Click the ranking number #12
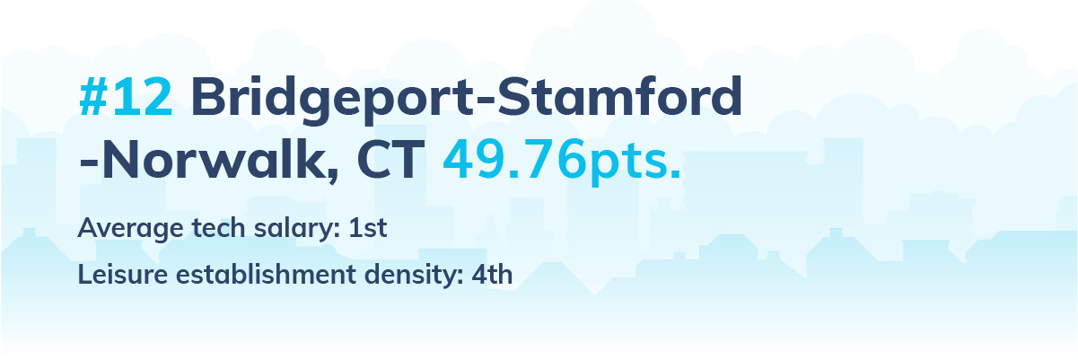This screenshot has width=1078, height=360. pyautogui.click(x=126, y=98)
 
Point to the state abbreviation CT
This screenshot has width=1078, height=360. pyautogui.click(x=390, y=159)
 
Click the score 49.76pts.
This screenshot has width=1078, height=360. pyautogui.click(x=562, y=159)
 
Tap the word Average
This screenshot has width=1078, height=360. pyautogui.click(x=130, y=229)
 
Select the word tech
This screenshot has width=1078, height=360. pyautogui.click(x=218, y=228)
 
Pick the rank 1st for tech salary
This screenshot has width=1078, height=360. pyautogui.click(x=368, y=228)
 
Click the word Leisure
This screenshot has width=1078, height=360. pyautogui.click(x=123, y=275)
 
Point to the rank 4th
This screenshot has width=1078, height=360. pyautogui.click(x=492, y=275)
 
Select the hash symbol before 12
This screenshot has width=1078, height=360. pyautogui.click(x=92, y=98)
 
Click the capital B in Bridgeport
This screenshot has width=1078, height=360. pyautogui.click(x=208, y=98)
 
